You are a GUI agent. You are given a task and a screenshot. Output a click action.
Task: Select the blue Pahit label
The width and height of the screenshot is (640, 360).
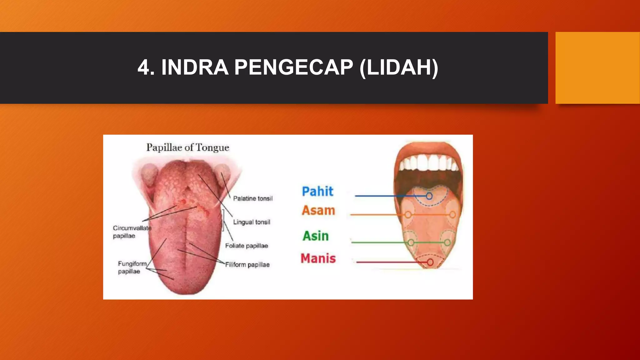[x=317, y=191]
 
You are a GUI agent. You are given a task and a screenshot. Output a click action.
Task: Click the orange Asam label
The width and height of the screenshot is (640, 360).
[x=318, y=210]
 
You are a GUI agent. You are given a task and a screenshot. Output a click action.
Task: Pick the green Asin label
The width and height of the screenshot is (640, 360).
[x=316, y=236]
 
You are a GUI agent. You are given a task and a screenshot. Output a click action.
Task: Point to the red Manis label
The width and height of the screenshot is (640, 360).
[x=318, y=258]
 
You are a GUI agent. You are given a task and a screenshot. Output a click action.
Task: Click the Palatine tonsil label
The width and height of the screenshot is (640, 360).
[x=252, y=198]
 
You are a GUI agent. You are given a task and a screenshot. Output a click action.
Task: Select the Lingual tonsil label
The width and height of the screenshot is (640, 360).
[x=252, y=222]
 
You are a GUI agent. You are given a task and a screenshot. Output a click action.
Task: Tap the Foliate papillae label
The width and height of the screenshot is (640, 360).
[x=247, y=246]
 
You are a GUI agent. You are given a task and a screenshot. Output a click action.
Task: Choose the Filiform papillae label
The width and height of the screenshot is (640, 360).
[x=247, y=265]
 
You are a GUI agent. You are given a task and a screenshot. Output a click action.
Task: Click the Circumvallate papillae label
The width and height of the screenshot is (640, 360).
[x=132, y=232]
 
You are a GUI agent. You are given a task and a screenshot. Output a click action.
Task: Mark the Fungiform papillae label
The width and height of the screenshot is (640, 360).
[x=132, y=267]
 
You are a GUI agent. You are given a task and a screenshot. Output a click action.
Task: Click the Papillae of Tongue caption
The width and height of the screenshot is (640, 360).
[x=188, y=147]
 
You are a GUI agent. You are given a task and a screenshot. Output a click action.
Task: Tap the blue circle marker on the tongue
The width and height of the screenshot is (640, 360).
[x=429, y=196]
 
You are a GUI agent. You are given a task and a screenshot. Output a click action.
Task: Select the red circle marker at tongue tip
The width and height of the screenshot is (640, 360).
[x=430, y=262]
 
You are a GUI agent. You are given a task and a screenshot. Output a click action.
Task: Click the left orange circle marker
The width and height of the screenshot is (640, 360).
[x=408, y=215]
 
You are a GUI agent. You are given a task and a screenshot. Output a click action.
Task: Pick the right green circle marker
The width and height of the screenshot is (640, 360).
[x=447, y=242]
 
